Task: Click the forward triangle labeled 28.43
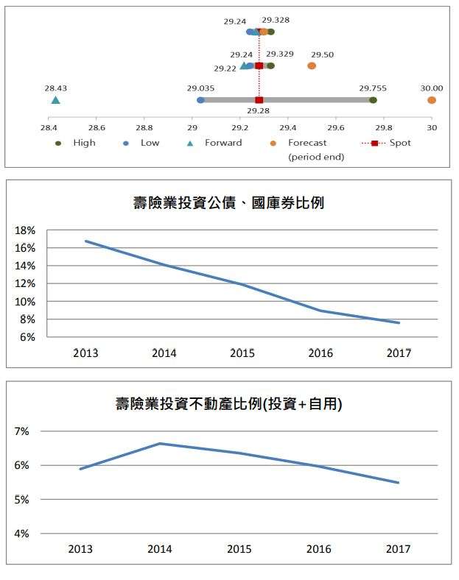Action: pyautogui.click(x=55, y=100)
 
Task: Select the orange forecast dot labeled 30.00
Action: pyautogui.click(x=432, y=100)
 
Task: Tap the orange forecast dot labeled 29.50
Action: pyautogui.click(x=312, y=66)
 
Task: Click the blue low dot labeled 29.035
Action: pyautogui.click(x=200, y=100)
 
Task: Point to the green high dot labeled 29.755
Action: pyautogui.click(x=374, y=100)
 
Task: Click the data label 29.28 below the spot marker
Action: pyautogui.click(x=258, y=110)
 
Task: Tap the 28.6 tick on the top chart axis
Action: pyautogui.click(x=97, y=127)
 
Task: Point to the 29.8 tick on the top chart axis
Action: pyautogui.click(x=384, y=127)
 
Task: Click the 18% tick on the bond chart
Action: pyautogui.click(x=25, y=230)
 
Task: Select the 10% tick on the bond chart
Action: pyautogui.click(x=25, y=302)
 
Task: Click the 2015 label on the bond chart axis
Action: pyautogui.click(x=242, y=353)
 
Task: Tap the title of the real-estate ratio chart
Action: pyautogui.click(x=228, y=404)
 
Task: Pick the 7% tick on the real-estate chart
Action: pyautogui.click(x=22, y=431)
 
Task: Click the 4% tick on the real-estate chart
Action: pyautogui.click(x=22, y=534)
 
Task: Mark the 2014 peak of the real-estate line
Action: pyautogui.click(x=159, y=444)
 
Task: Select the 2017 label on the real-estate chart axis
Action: pyautogui.click(x=398, y=549)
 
